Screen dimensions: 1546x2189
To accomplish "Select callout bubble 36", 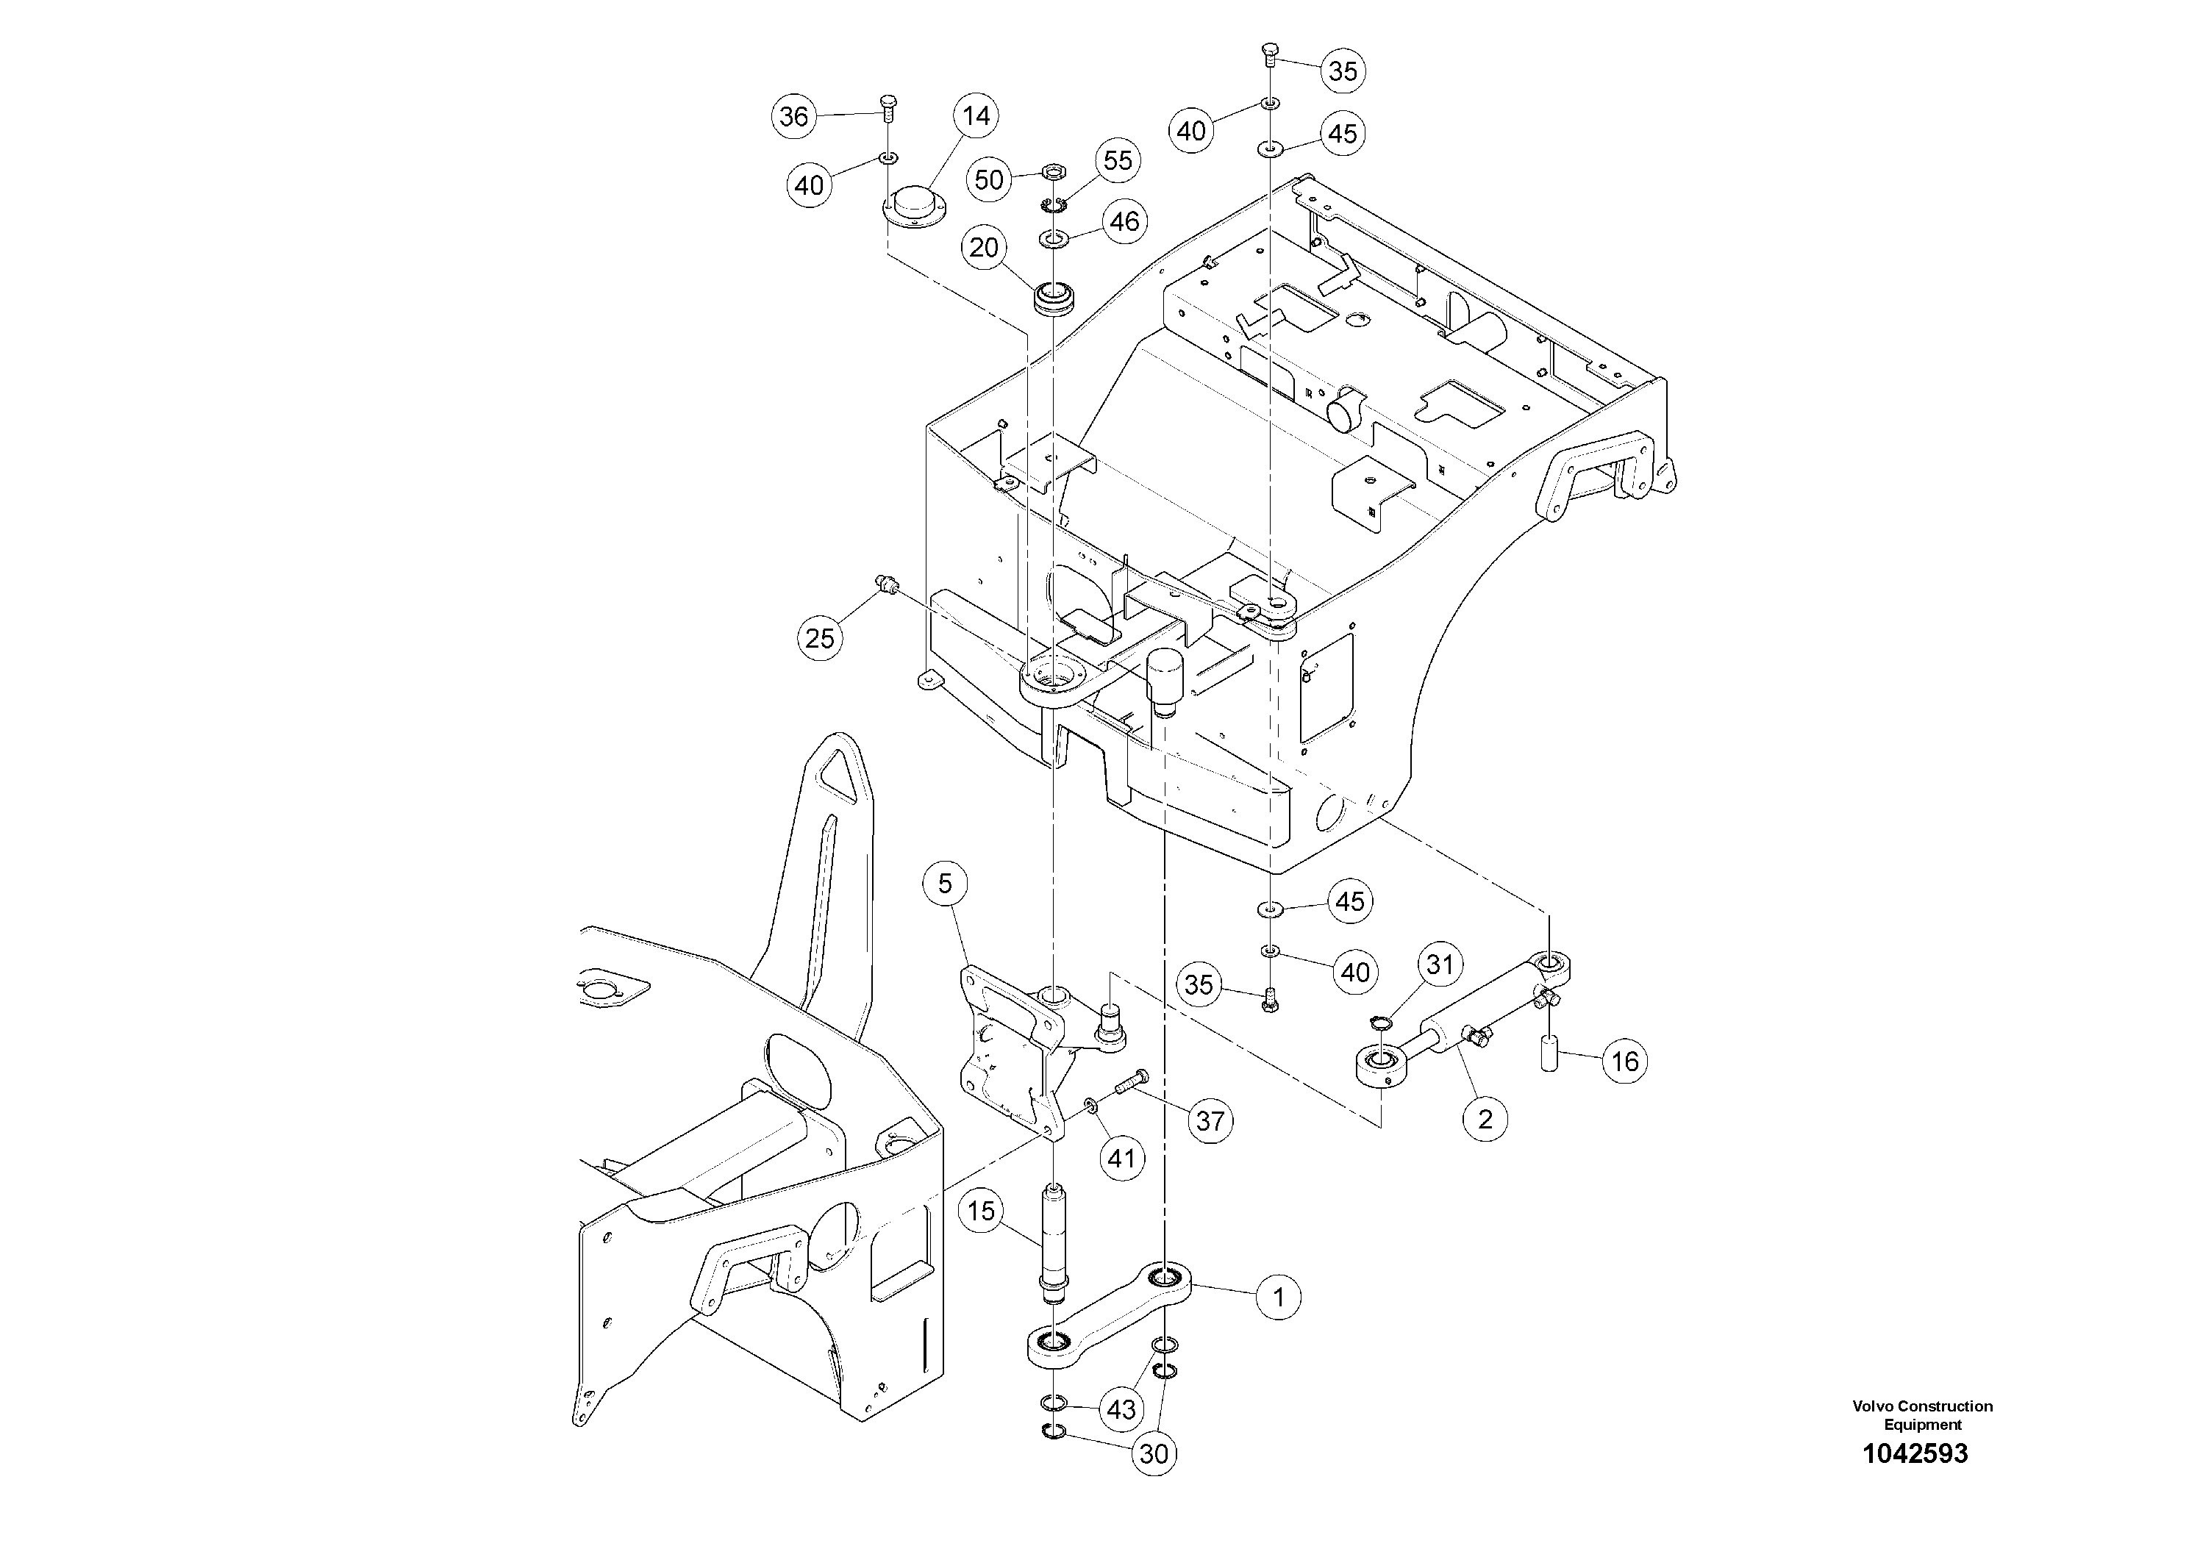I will coord(794,116).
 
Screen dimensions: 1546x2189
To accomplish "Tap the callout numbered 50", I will coord(990,179).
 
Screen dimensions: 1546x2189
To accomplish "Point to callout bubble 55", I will coord(1118,160).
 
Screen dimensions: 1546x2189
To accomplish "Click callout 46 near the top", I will coord(1125,221).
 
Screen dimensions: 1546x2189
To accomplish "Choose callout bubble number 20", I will coord(984,248).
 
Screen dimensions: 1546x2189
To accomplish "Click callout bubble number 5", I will coord(945,884).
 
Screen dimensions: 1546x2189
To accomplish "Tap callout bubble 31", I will coord(1440,965).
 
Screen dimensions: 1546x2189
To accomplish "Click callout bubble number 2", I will coord(1485,1117).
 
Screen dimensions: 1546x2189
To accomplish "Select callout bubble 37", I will coord(1210,1121).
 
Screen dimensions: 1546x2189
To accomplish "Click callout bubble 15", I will coord(982,1212).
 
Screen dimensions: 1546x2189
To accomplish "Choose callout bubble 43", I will coord(1121,1408).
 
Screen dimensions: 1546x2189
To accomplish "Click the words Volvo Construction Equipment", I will coord(1922,1414).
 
